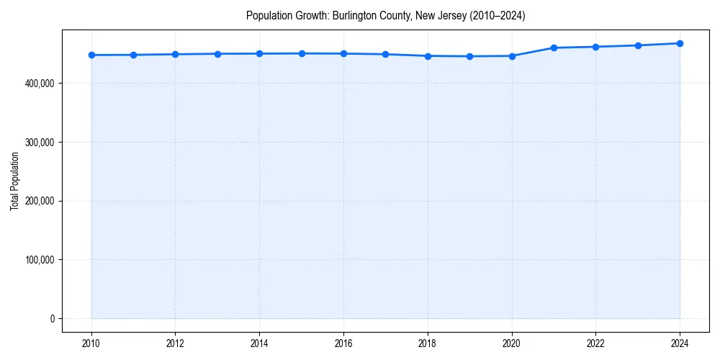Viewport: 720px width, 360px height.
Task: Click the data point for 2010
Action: (91, 55)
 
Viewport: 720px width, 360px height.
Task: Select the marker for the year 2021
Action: (554, 48)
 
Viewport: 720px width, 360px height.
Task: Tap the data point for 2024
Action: (680, 43)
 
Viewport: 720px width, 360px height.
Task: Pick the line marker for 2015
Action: (302, 53)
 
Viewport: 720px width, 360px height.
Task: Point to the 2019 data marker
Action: (469, 56)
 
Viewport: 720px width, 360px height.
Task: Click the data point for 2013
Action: (217, 53)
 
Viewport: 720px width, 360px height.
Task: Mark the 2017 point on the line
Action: (386, 54)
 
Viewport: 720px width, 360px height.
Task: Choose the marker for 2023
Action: (638, 45)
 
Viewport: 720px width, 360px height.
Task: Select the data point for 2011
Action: (133, 55)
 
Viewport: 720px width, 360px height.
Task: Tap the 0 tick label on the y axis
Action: (52, 319)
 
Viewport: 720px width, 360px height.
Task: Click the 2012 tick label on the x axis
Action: (175, 343)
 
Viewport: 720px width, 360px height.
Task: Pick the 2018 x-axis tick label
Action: (428, 343)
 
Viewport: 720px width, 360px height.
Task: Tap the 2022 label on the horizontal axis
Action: (595, 343)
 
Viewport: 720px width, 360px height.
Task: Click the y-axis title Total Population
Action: (14, 181)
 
